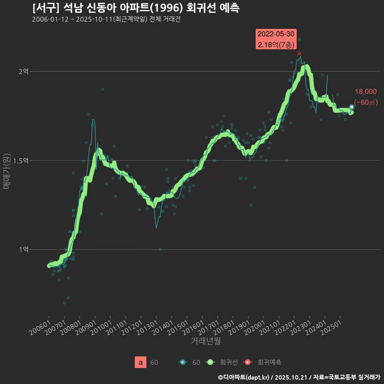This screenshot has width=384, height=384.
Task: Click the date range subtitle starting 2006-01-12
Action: [106, 20]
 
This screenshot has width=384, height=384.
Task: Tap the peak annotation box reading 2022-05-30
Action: [276, 39]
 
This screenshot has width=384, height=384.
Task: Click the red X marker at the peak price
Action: [299, 54]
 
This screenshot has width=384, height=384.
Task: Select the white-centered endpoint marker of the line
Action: [352, 107]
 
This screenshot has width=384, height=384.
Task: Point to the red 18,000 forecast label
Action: [366, 92]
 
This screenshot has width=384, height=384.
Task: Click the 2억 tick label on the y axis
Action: [24, 72]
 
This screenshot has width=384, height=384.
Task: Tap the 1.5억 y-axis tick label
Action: [21, 160]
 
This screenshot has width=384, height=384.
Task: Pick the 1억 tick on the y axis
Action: [24, 249]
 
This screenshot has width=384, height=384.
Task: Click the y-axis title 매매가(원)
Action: [6, 172]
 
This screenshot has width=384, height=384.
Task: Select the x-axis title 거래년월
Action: [206, 341]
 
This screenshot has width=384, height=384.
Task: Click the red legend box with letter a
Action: [140, 362]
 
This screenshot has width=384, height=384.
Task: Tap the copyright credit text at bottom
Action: [299, 377]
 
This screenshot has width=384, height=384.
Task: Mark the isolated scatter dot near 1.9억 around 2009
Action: [103, 89]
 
